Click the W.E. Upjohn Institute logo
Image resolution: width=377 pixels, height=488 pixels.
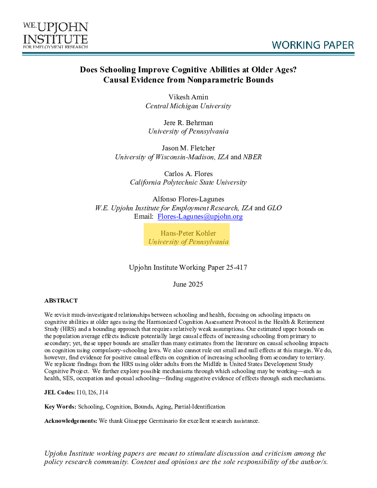pyautogui.click(x=55, y=35)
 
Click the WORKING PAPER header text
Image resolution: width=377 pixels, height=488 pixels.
pyautogui.click(x=313, y=45)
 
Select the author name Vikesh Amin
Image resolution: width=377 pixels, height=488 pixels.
pyautogui.click(x=188, y=97)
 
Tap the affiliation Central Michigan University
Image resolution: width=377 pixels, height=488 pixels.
pyautogui.click(x=188, y=106)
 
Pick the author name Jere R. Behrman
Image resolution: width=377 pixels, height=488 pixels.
pyautogui.click(x=188, y=122)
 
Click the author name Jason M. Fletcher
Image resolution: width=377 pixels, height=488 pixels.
pyautogui.click(x=188, y=148)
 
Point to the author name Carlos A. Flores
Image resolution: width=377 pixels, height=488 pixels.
pyautogui.click(x=188, y=173)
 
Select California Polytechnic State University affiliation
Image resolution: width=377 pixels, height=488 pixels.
pyautogui.click(x=188, y=182)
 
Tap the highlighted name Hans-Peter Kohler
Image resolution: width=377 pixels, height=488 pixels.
pyautogui.click(x=188, y=233)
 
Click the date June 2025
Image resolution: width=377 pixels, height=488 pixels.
pyautogui.click(x=188, y=284)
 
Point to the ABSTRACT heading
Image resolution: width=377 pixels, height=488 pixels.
pyautogui.click(x=61, y=301)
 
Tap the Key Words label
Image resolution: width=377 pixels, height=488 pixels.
pyautogui.click(x=60, y=407)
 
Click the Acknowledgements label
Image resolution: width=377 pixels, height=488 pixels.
pyautogui.click(x=71, y=421)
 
